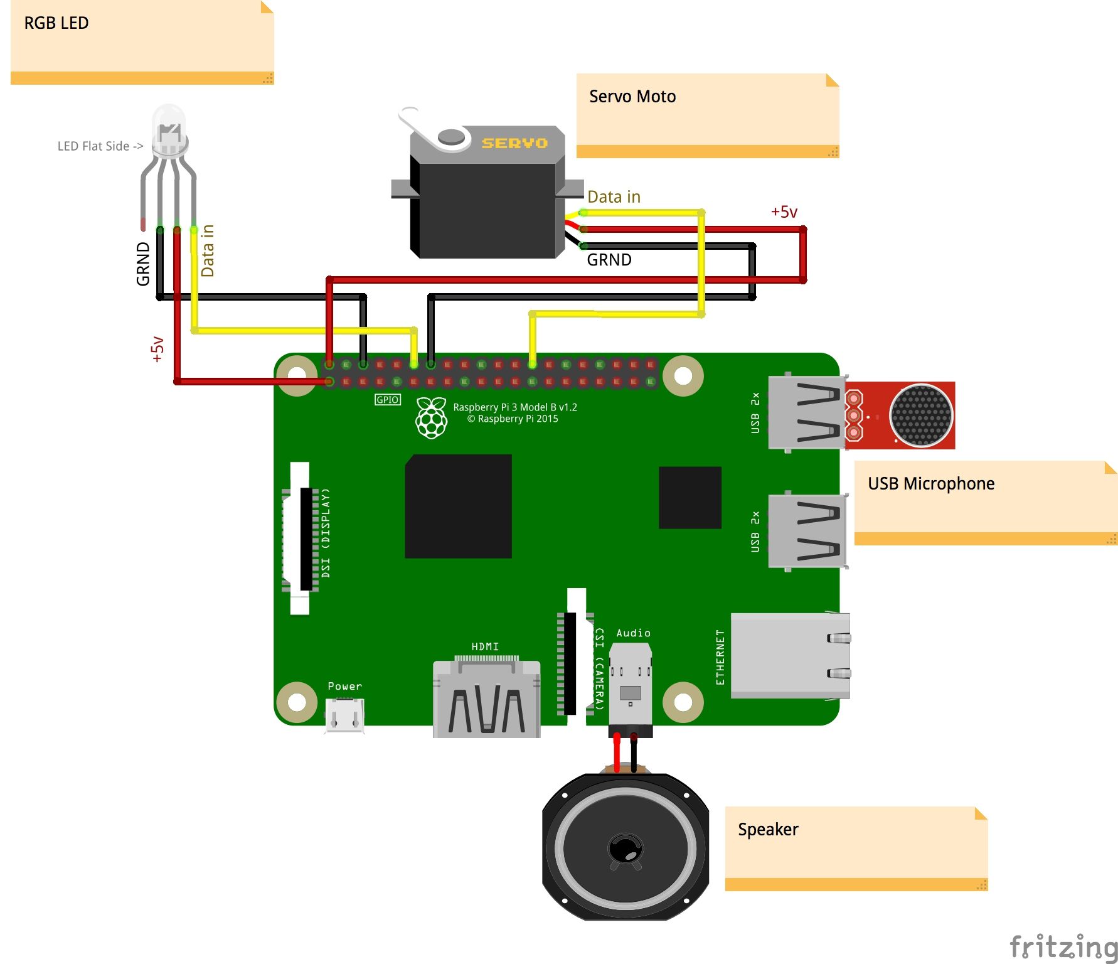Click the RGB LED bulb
169,130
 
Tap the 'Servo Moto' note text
632,97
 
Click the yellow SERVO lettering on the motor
514,143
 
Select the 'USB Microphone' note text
931,484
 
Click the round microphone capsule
921,415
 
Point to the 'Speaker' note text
768,830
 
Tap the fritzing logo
1064,947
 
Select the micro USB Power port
344,715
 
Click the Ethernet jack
791,656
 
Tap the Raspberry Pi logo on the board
432,417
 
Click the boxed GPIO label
388,400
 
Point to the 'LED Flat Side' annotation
100,146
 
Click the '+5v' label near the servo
784,212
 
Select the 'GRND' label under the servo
609,260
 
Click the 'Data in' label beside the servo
614,197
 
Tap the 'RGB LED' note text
56,23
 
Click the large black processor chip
459,506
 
